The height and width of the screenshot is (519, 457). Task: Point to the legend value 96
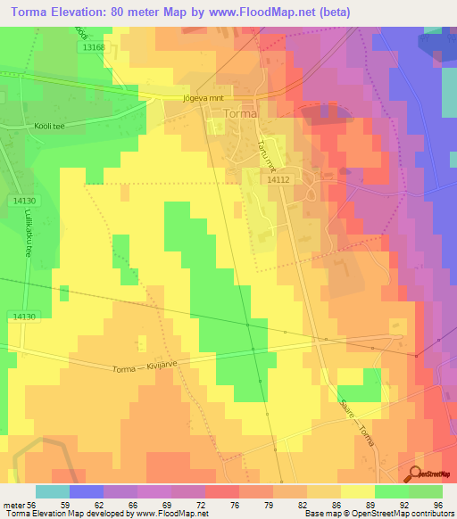436,506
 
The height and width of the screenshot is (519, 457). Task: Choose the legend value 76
233,506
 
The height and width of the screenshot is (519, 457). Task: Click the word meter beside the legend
11,506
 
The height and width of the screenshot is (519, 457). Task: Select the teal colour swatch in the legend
53,491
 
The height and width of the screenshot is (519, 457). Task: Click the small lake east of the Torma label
315,112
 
